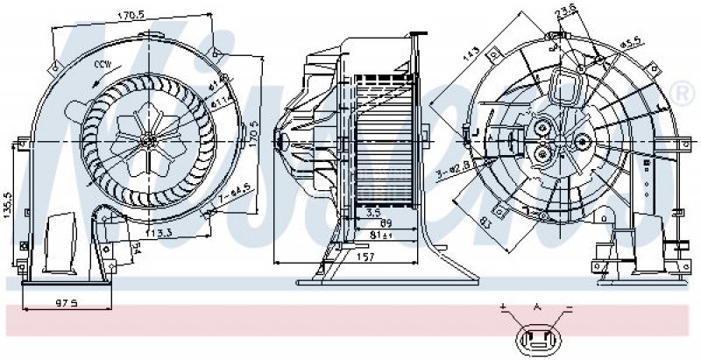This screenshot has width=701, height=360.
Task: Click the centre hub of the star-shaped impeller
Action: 150,139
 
